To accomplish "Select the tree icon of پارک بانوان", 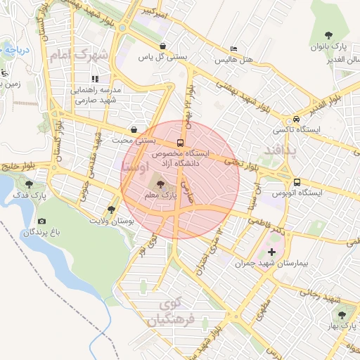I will pos(328,35).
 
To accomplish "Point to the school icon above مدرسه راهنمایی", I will pos(94,79).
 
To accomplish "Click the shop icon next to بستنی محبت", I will pos(134,129).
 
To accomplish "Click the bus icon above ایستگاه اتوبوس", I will pos(297,181).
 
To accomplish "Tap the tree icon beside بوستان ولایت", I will pos(110,210).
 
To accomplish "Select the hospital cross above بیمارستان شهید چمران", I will pos(272,251).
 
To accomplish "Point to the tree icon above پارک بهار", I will pos(342,316).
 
